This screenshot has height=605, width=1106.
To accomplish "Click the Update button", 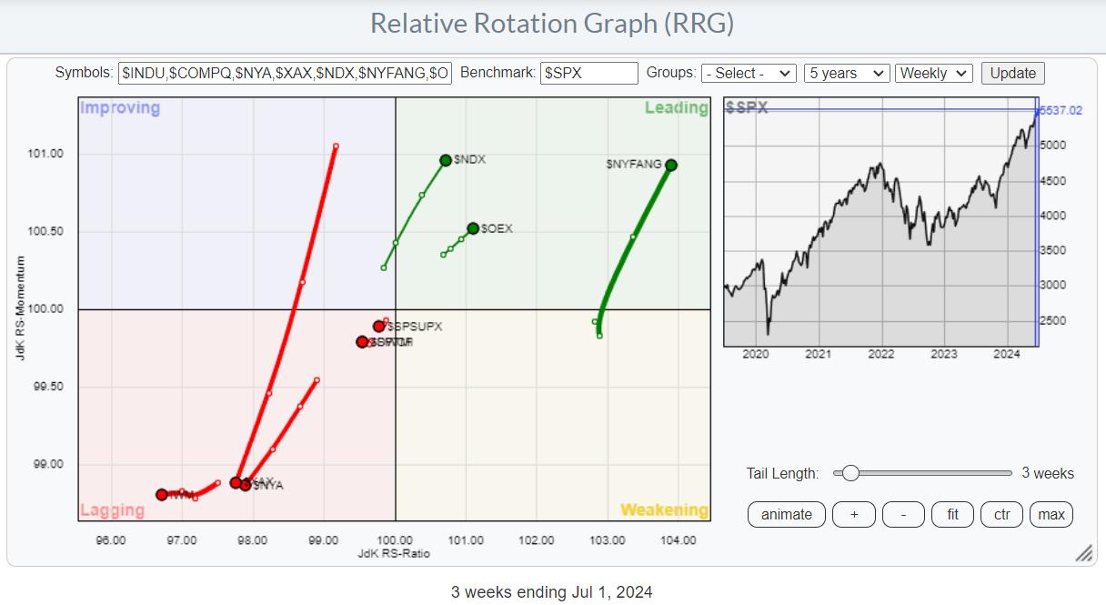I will [x=1012, y=74].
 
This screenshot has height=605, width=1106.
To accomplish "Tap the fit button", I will [x=952, y=515].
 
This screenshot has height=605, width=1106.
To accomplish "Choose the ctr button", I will [x=1001, y=515].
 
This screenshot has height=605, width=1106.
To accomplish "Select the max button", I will [x=1051, y=515].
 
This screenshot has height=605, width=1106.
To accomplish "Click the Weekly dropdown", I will [x=933, y=74].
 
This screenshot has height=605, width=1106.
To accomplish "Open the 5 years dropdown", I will [x=846, y=74].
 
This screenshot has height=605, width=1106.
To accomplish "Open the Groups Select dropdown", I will [x=749, y=74].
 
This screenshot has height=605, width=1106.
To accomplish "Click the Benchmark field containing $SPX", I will [x=588, y=74].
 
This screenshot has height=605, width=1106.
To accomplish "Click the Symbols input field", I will [x=285, y=74].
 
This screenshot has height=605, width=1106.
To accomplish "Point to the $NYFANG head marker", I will [x=671, y=165].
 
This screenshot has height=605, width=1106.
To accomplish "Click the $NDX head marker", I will [x=446, y=160].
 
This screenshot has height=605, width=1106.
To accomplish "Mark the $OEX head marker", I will [x=473, y=228].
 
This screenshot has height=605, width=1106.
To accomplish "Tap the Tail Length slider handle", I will [x=850, y=473].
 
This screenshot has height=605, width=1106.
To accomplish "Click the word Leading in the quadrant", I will [x=676, y=108].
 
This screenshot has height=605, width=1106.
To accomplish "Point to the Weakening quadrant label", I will [x=664, y=510].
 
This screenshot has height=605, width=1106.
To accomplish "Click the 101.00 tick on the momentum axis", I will [x=46, y=154].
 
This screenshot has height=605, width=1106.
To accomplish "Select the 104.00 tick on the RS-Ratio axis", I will [x=679, y=540].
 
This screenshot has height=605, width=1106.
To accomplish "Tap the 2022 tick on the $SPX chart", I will [x=880, y=354].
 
